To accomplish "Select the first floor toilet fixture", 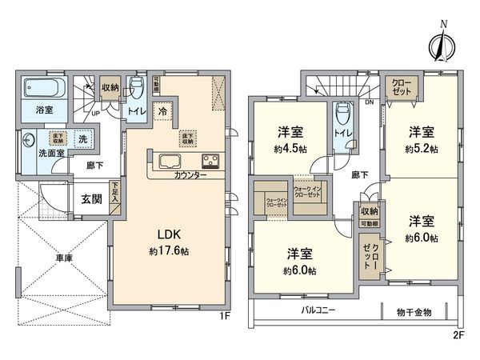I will tap(137, 86).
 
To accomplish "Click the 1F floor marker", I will tap(226, 317).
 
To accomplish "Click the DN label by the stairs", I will tap(369, 102).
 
